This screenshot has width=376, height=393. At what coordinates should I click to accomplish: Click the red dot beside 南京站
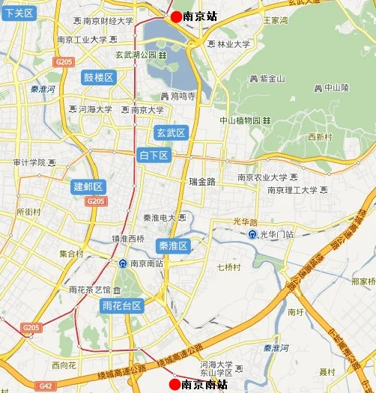[x=176, y=16]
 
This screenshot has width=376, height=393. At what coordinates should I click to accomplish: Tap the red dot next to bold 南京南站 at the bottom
[x=175, y=384]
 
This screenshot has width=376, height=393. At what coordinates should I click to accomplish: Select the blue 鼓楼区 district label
[x=98, y=78]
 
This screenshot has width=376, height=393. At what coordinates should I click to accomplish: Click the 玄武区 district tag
[x=170, y=132]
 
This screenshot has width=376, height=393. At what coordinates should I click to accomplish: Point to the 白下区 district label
[x=155, y=155]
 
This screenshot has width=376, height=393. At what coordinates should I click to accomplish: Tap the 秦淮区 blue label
[x=173, y=246]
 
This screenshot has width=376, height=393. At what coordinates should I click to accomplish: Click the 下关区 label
[x=18, y=13]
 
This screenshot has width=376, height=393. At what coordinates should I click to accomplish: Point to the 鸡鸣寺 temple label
[x=178, y=96]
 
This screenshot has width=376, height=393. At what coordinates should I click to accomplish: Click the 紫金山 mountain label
[x=267, y=78]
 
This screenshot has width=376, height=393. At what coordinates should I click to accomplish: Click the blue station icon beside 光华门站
[x=253, y=234]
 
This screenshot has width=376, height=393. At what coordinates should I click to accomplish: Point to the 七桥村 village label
[x=226, y=266]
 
